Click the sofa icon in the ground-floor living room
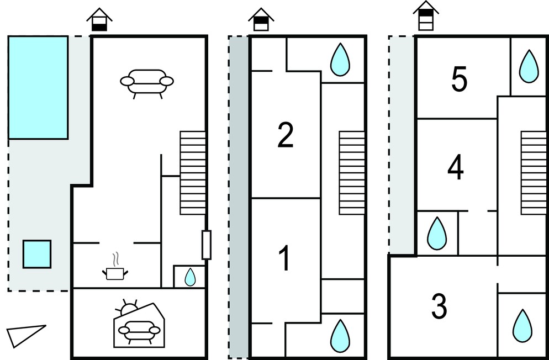[147, 83]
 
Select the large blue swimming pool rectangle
[38, 87]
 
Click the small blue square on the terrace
[37, 254]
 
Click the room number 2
[286, 135]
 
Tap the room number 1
[285, 258]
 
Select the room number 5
[459, 80]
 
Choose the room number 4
[456, 168]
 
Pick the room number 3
[439, 306]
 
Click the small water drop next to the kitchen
[190, 277]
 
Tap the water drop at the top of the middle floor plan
[340, 60]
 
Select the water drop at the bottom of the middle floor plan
[340, 336]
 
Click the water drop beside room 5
[529, 66]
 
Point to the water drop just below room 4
[437, 234]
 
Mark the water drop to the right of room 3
[522, 326]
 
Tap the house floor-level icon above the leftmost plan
[99, 19]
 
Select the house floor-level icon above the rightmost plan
[426, 15]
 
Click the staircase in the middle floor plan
[352, 173]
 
